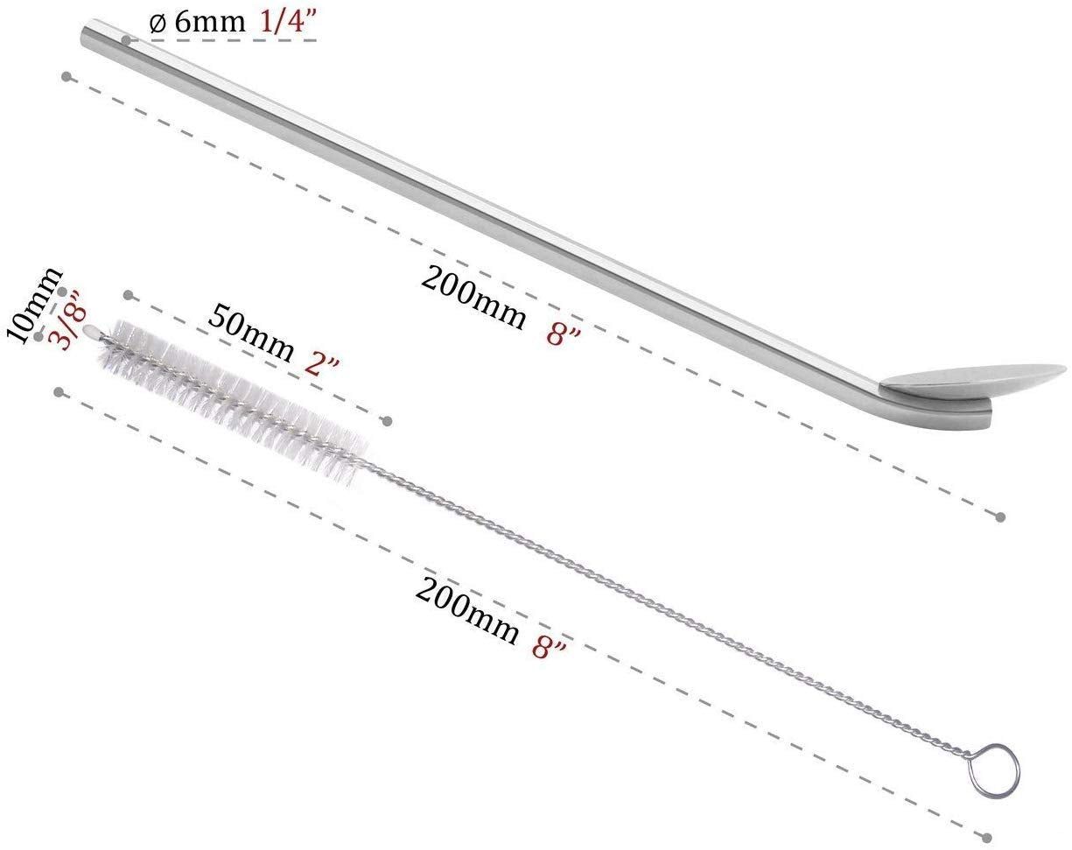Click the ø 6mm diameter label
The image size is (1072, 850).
[x=198, y=24]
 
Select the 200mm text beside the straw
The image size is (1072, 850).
[x=473, y=299]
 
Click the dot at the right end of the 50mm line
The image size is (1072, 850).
[x=387, y=421]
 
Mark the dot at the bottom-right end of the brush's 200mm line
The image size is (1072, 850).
[x=988, y=837]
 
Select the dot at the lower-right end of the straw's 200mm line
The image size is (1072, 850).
[x=1001, y=517]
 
